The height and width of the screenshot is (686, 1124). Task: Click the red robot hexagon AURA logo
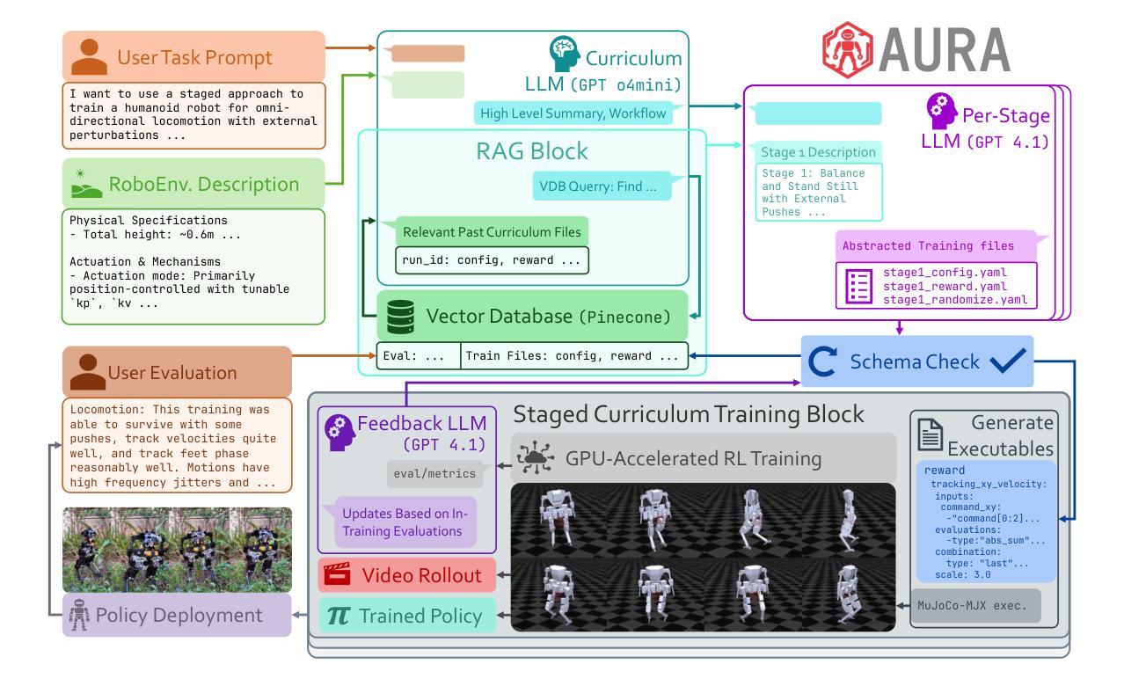(848, 49)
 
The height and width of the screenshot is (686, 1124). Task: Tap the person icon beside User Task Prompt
(90, 56)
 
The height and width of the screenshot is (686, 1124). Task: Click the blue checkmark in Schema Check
(1008, 361)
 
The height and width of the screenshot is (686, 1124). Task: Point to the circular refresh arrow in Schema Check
(822, 361)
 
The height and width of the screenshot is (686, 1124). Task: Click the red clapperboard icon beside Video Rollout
(337, 574)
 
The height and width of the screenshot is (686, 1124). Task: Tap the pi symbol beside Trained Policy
(339, 616)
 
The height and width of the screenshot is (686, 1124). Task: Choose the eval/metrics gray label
(434, 473)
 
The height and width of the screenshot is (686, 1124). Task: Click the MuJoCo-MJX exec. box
(975, 606)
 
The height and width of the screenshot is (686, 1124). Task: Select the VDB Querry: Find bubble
(602, 186)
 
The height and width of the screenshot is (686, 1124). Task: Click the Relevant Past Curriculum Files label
(492, 232)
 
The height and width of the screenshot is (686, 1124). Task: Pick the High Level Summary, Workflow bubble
(573, 113)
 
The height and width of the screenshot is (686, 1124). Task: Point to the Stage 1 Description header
(819, 152)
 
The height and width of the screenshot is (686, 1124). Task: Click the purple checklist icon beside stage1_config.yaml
(858, 287)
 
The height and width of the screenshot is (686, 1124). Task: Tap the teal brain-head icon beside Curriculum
(564, 53)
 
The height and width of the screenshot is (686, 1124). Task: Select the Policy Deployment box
(177, 616)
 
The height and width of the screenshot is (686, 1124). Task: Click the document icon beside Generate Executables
(930, 434)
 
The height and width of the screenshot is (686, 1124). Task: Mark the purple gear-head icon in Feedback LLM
(339, 433)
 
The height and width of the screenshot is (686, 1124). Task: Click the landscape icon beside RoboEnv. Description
(86, 184)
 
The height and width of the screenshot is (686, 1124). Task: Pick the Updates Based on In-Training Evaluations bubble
(405, 522)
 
